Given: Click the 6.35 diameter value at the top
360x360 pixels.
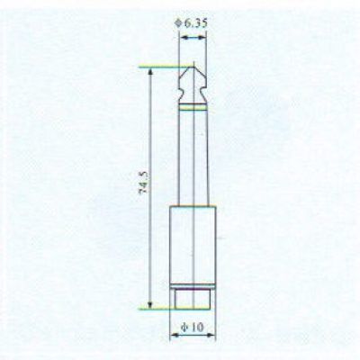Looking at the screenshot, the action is (195, 23).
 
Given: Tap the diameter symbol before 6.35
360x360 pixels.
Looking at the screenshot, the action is (178, 23).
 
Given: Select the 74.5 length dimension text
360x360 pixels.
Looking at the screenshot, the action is (144, 183).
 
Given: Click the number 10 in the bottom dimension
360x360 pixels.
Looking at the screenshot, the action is (197, 328).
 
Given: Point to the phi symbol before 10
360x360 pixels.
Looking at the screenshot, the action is (184, 328).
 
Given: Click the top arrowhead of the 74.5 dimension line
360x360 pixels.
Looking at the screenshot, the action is (150, 71).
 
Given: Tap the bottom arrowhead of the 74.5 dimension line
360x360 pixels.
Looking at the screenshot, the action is (150, 304).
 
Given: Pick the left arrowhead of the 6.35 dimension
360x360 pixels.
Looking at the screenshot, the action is (183, 38).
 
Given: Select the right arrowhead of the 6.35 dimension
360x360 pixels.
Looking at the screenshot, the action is (202, 38).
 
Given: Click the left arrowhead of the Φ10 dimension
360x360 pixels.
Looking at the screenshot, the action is (174, 335).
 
